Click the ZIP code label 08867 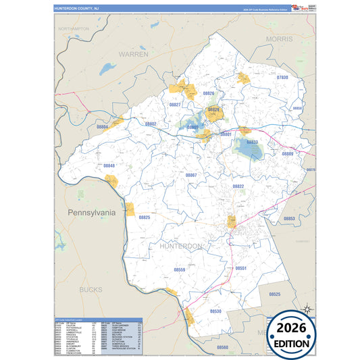[191, 175]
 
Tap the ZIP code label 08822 [238, 186]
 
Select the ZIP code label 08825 [145, 217]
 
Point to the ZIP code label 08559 [180, 269]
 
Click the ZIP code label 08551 [241, 268]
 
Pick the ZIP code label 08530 [215, 311]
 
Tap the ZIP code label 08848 [109, 165]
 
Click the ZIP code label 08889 [288, 154]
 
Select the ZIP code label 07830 [282, 78]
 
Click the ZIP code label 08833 [251, 143]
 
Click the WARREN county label [134, 53]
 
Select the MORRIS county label [280, 40]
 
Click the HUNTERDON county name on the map [180, 247]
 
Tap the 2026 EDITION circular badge [294, 334]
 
